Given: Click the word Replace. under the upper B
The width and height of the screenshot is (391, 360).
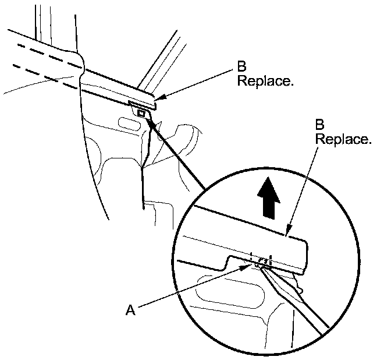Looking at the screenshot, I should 265,81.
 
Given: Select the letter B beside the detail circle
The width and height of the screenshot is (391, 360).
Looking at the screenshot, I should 319,125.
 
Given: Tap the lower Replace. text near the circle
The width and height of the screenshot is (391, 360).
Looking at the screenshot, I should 342,140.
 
